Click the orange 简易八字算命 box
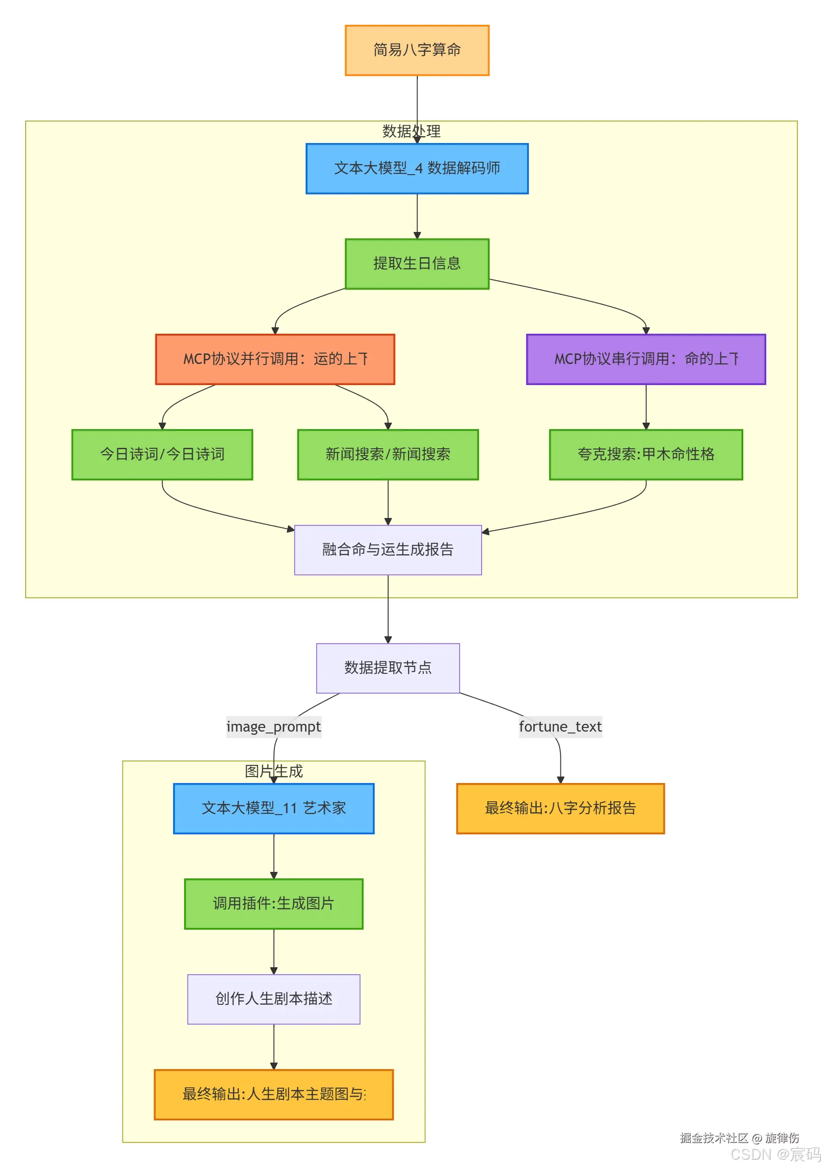coord(417,50)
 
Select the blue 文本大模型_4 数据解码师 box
coord(417,168)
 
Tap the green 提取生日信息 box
coord(417,264)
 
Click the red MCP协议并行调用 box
coord(274,359)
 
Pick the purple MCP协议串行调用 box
coord(646,359)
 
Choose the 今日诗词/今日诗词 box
coord(162,454)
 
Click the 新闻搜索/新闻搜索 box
coord(388,454)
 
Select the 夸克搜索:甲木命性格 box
coord(646,454)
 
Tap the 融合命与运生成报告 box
coord(388,550)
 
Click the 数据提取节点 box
coord(388,667)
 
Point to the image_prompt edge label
coord(274,727)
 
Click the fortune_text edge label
coord(560,727)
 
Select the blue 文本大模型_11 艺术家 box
coord(274,808)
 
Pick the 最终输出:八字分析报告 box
coord(560,808)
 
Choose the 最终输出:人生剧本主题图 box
coord(274,1094)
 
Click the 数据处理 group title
coord(411,131)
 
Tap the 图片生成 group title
coord(274,771)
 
